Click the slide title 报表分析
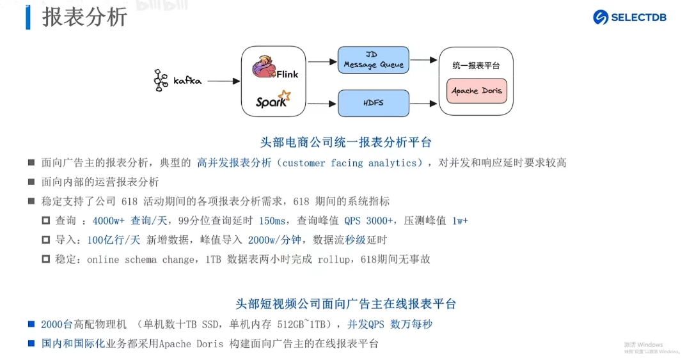(x=84, y=17)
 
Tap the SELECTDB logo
(x=629, y=17)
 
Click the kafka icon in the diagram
(x=160, y=81)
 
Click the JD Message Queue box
(x=373, y=61)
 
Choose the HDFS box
(x=373, y=102)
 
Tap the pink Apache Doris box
(x=477, y=91)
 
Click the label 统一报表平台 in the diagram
(x=476, y=66)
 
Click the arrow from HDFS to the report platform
(x=424, y=102)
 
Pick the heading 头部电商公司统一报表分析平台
(x=346, y=142)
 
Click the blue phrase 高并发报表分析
(x=234, y=163)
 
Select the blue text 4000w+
(x=108, y=221)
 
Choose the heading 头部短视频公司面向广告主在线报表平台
(x=346, y=304)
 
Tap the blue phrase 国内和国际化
(x=73, y=343)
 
